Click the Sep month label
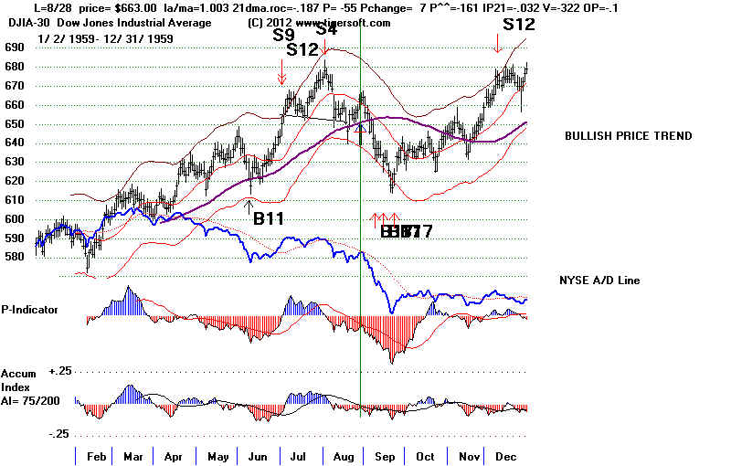coord(384,454)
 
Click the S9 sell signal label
coord(283,36)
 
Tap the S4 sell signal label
coord(325,28)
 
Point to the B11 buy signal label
coord(267,218)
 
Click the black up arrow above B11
coord(249,204)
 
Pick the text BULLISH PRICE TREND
coord(627,136)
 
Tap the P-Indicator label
coord(29,309)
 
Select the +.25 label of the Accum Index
coord(59,370)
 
